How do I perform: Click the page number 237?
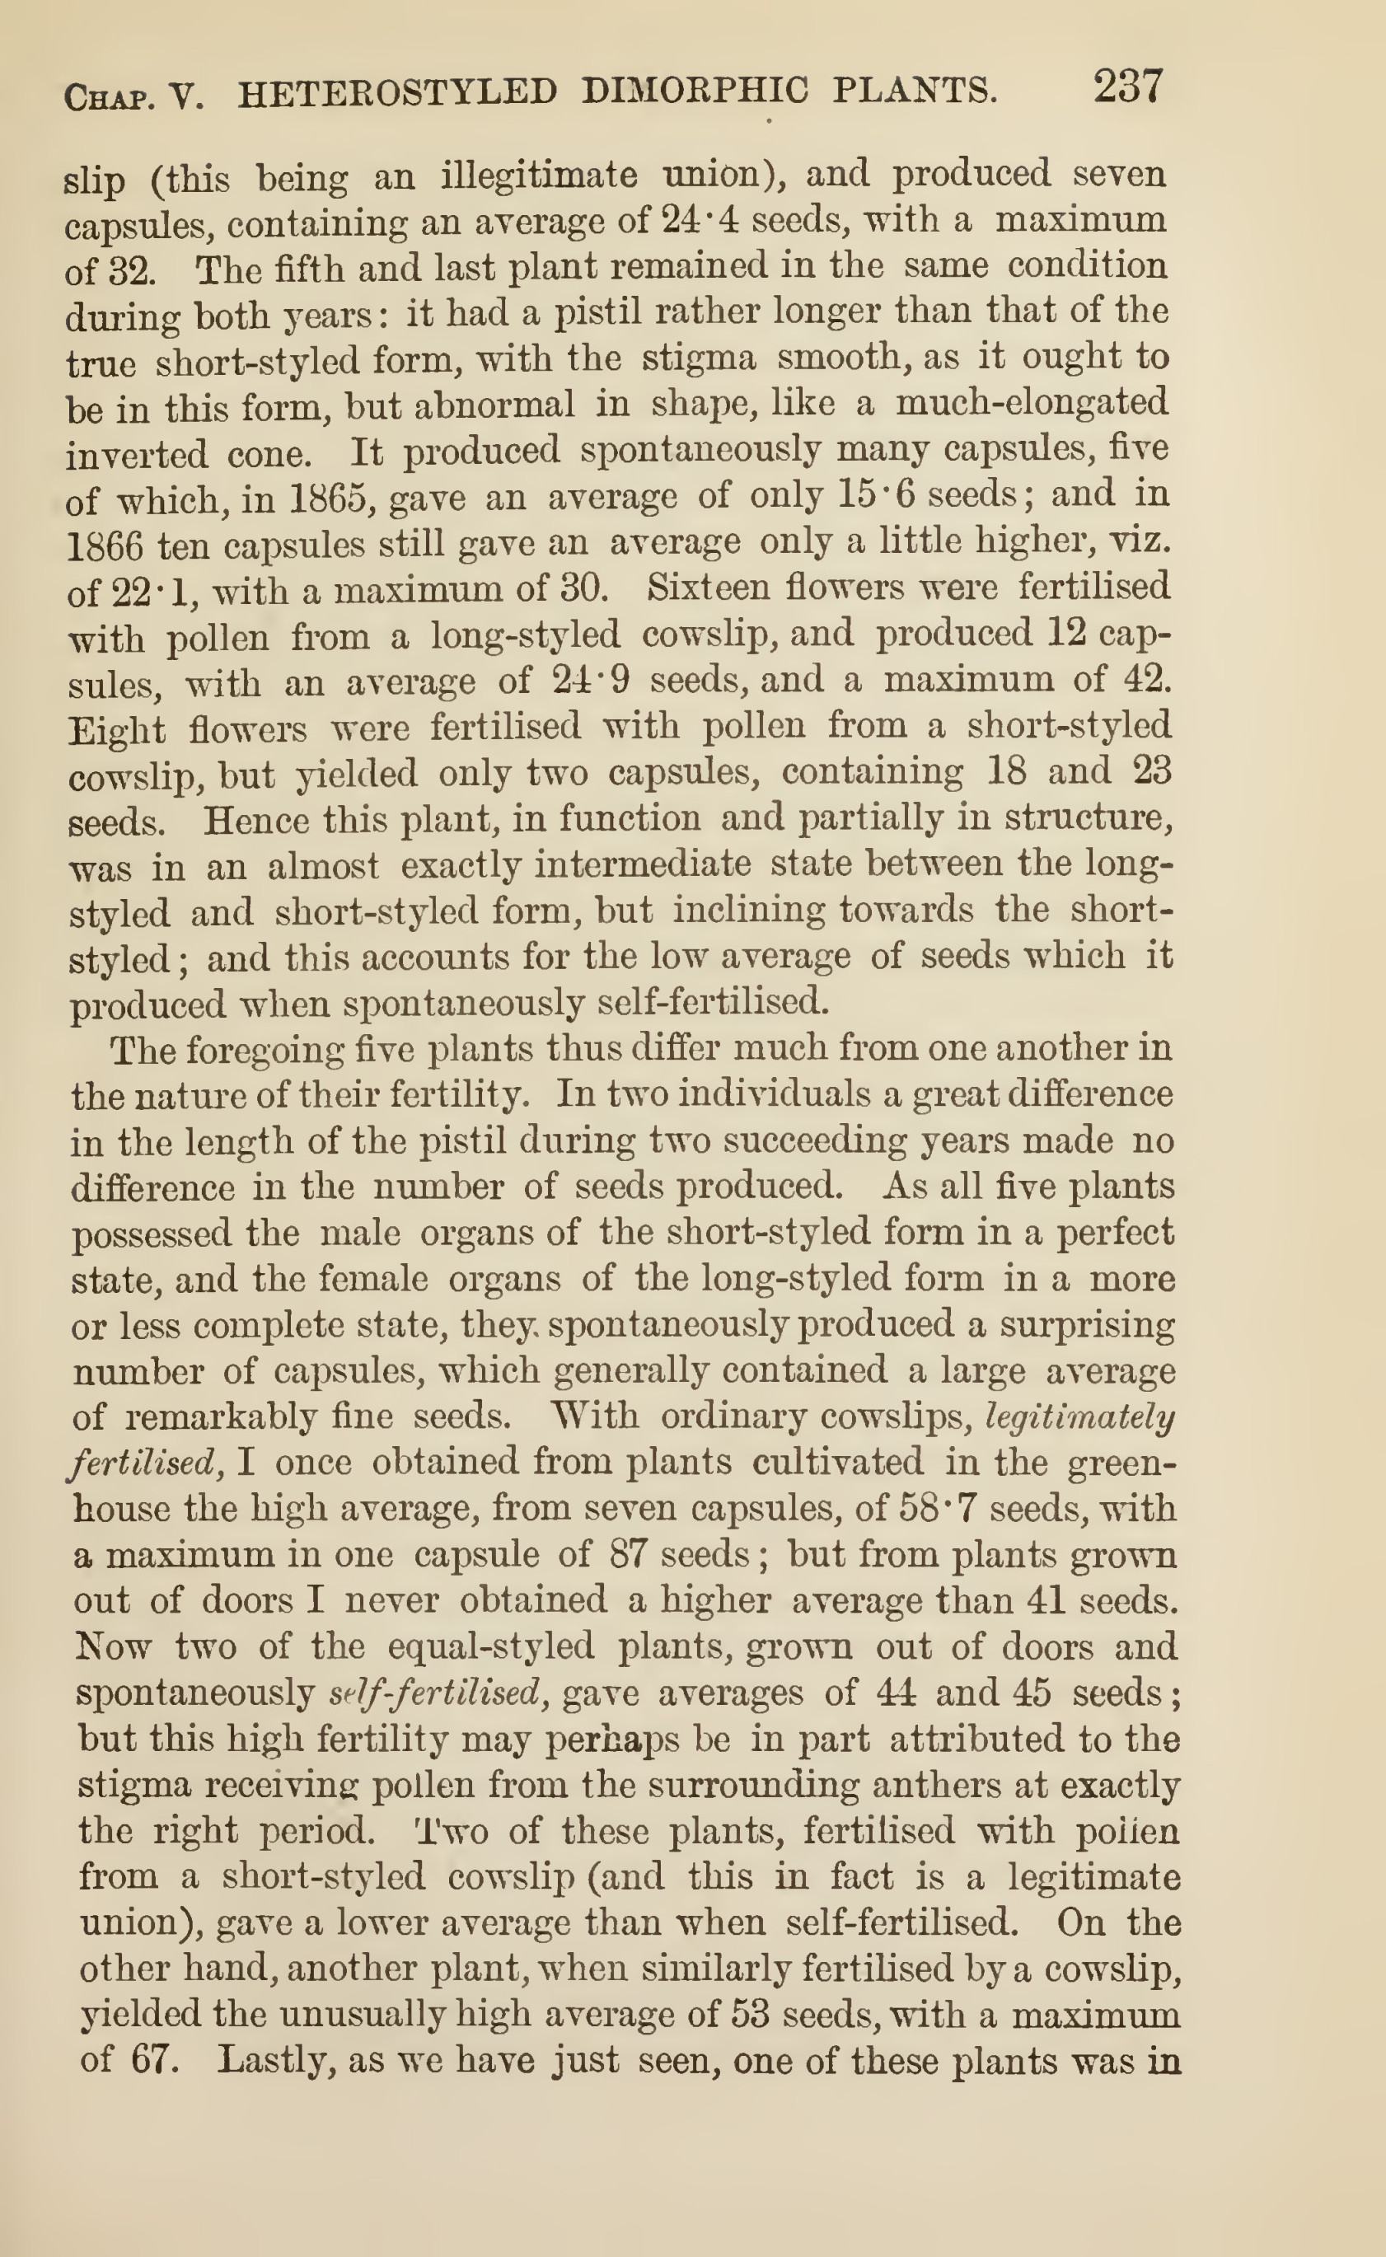pyautogui.click(x=1127, y=88)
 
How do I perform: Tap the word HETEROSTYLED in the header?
pyautogui.click(x=397, y=92)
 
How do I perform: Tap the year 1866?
pyautogui.click(x=105, y=546)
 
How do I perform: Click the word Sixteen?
pyautogui.click(x=706, y=587)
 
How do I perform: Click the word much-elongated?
pyautogui.click(x=1031, y=404)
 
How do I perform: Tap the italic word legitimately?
pyautogui.click(x=1079, y=1417)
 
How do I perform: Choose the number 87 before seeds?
pyautogui.click(x=628, y=1555)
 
